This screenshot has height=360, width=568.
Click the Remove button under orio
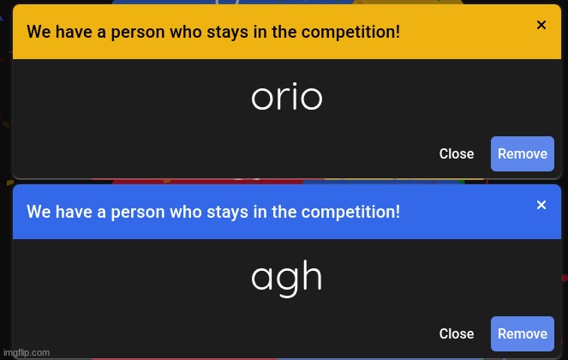point(522,153)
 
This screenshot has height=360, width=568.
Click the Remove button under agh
point(522,333)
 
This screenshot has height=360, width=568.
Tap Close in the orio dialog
point(456,153)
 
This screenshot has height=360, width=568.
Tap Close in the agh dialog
point(456,333)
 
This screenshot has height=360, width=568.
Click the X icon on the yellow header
point(541,25)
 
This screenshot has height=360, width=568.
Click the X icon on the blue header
point(541,205)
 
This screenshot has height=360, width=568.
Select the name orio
point(286,98)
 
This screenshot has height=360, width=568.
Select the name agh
point(286,277)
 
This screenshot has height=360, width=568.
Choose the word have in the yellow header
point(74,33)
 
